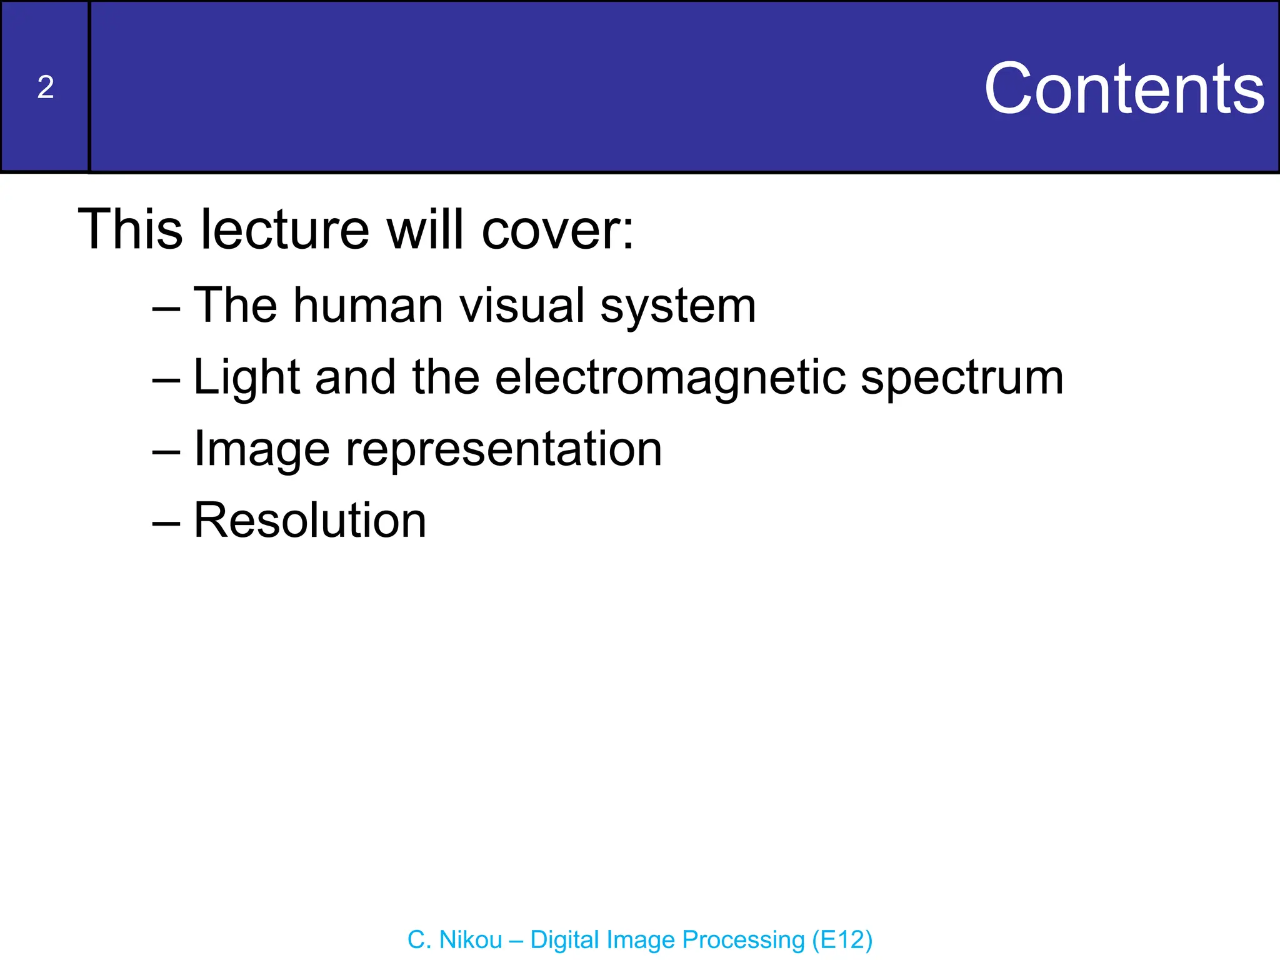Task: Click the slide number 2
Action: (x=45, y=87)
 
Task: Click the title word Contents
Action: (x=1124, y=89)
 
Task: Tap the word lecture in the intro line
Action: (x=284, y=229)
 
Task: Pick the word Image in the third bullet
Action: (x=261, y=450)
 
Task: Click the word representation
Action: (x=503, y=450)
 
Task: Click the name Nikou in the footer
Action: (x=471, y=940)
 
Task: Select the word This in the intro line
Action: (x=130, y=229)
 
